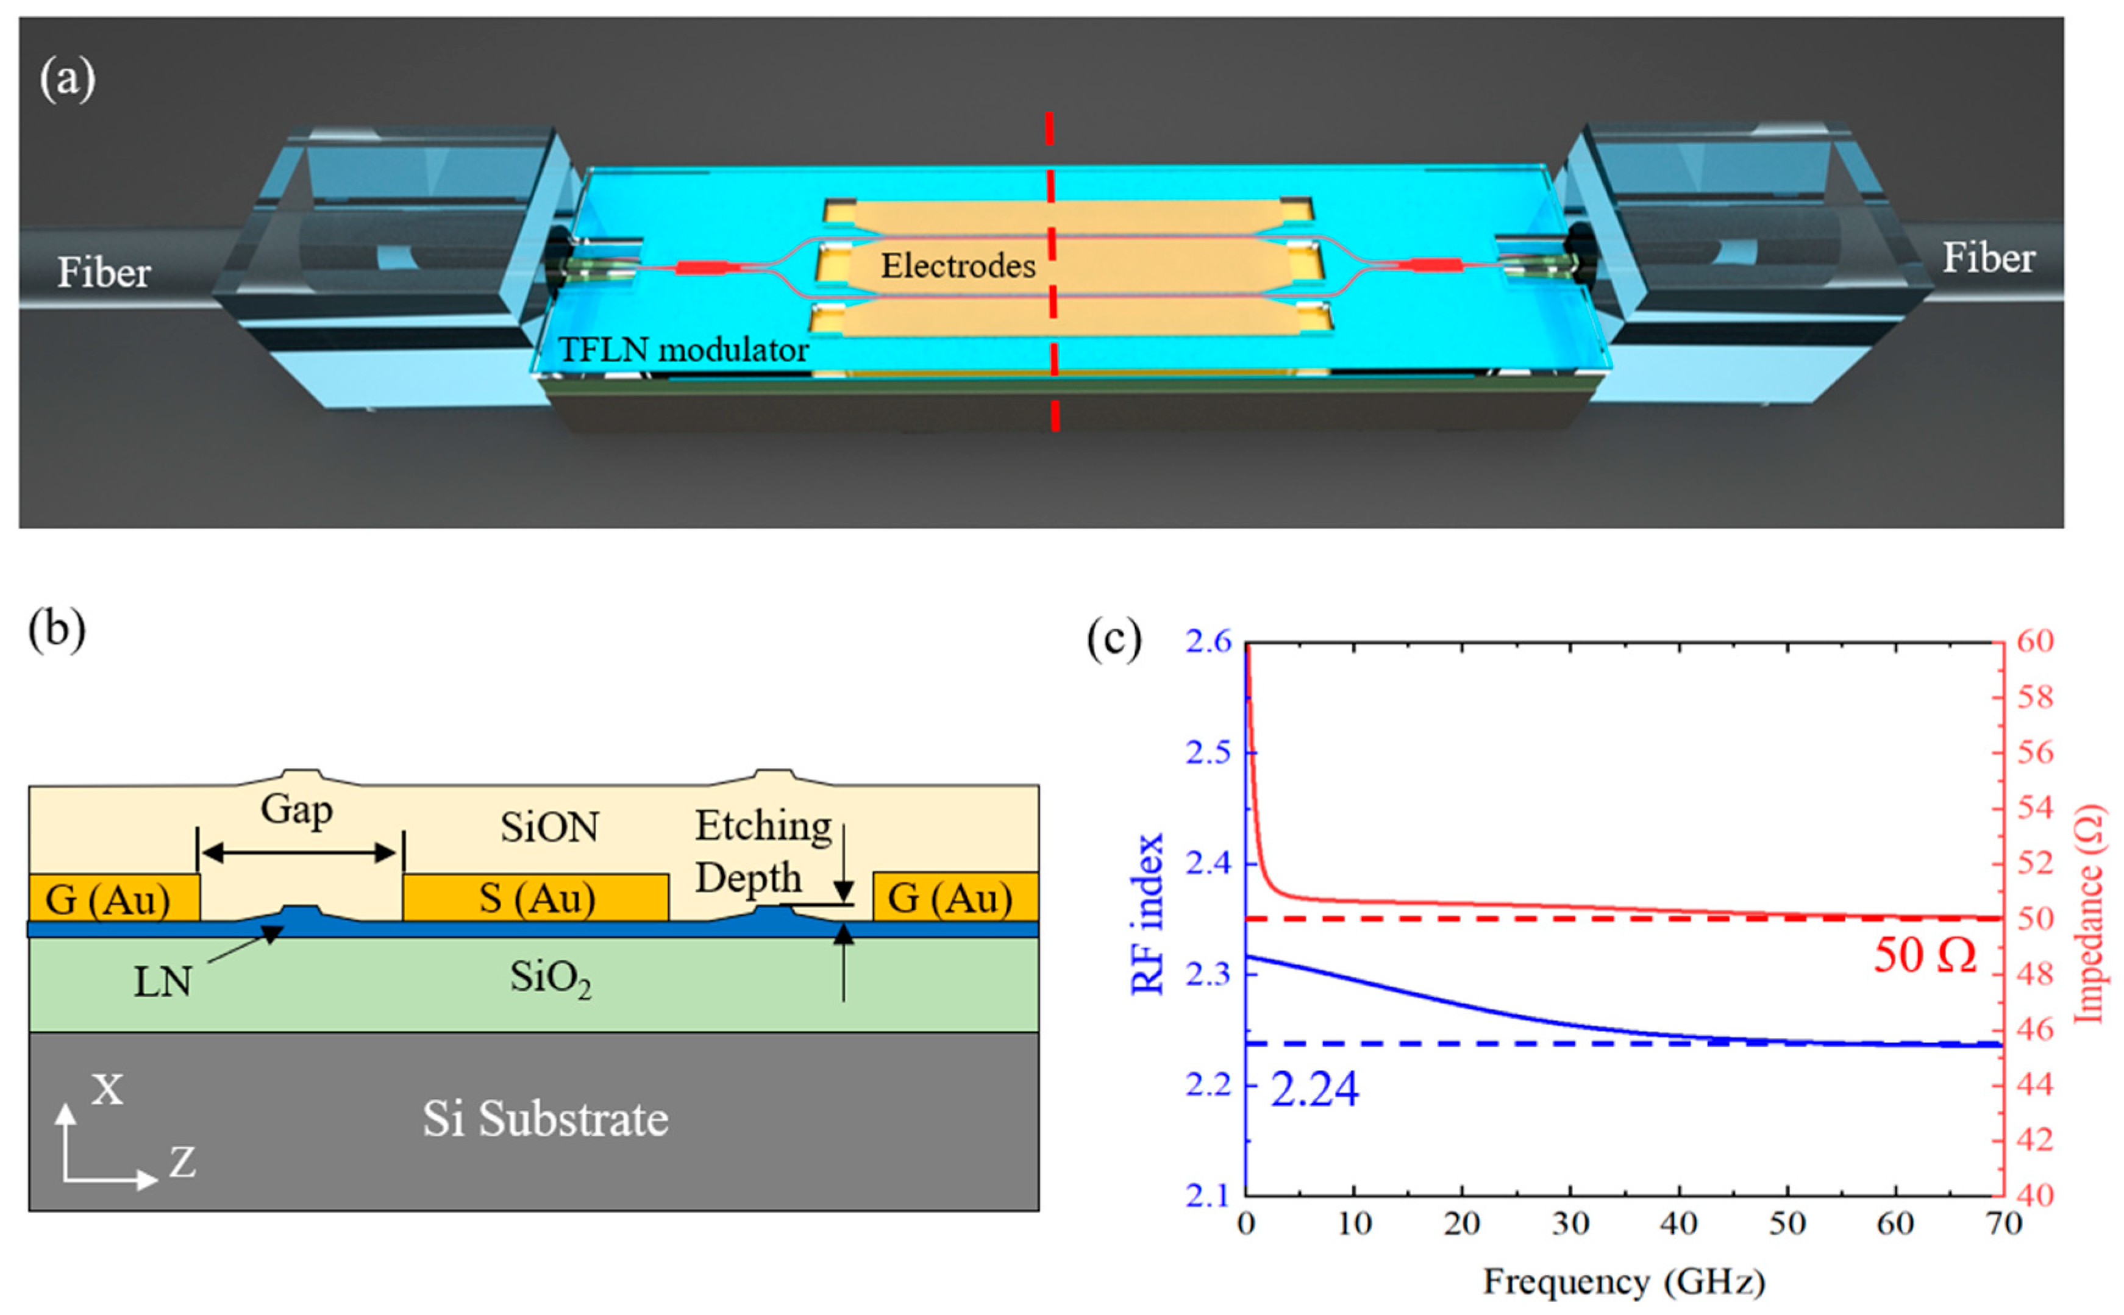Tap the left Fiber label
(x=104, y=273)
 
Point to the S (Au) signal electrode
(x=536, y=897)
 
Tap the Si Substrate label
(x=546, y=1119)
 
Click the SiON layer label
(x=549, y=827)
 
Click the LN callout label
(x=163, y=983)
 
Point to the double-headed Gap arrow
(x=299, y=853)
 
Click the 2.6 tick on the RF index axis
(x=1208, y=642)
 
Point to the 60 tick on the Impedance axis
(x=2034, y=642)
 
